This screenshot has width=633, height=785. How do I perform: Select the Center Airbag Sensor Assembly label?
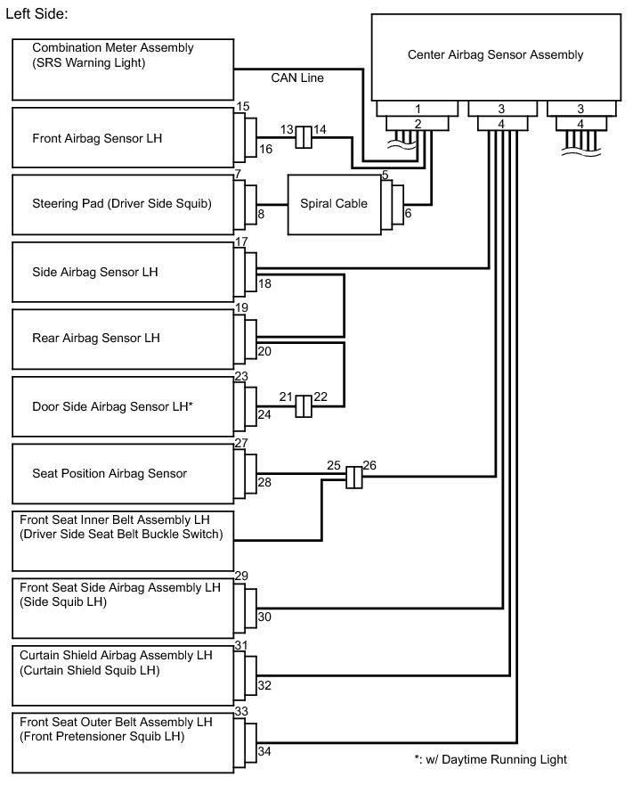495,55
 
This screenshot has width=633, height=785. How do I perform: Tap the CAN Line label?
297,78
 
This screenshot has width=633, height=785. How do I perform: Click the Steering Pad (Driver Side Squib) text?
121,204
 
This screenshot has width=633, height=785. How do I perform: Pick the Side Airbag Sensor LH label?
94,271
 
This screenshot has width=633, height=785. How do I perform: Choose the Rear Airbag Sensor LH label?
96,339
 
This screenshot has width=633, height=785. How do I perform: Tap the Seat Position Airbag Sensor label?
110,474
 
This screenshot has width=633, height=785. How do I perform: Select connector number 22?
321,397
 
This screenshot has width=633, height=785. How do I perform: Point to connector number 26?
370,465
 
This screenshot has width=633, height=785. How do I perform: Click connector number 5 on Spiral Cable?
385,176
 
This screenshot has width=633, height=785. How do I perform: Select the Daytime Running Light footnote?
491,760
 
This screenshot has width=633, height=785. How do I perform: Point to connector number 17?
240,242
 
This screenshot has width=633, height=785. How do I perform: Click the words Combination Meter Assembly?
113,47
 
